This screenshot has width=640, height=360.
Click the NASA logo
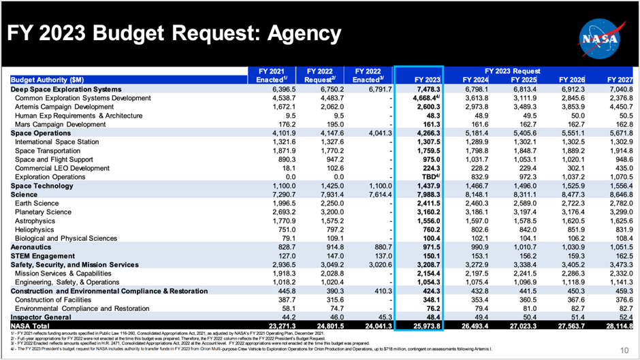pos(598,33)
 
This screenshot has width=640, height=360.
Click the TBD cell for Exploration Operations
pos(430,176)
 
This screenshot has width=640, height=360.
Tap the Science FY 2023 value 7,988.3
pos(426,195)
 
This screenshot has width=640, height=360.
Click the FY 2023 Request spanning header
pos(512,70)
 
